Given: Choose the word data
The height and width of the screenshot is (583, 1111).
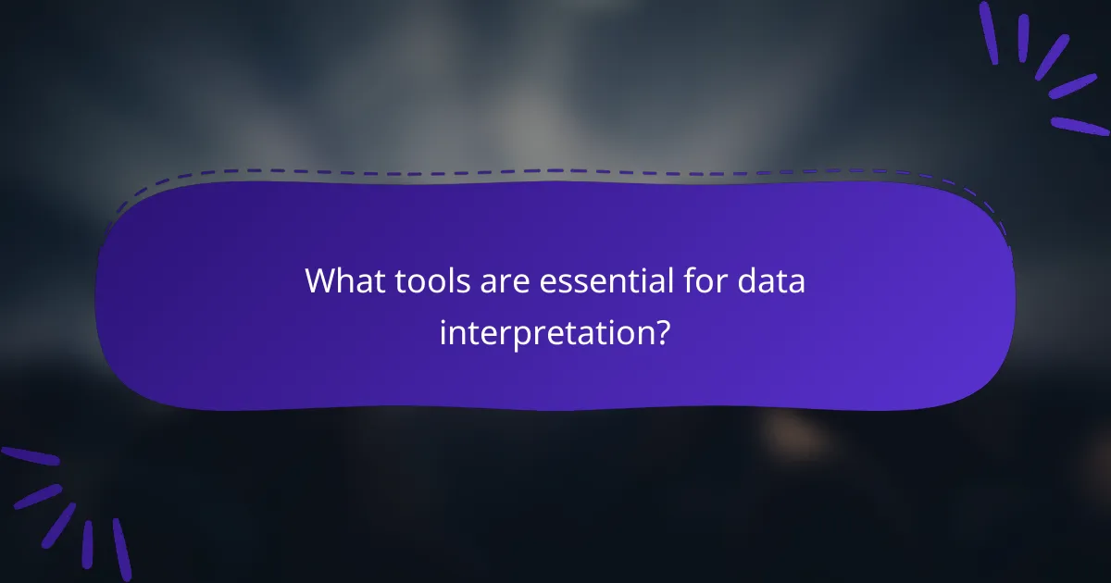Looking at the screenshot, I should pyautogui.click(x=770, y=279).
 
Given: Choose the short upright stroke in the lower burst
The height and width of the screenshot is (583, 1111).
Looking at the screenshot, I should pyautogui.click(x=89, y=543).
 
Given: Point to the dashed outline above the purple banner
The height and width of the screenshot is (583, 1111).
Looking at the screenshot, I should pyautogui.click(x=555, y=171).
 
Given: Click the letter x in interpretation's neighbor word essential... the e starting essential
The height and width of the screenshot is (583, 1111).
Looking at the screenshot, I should pyautogui.click(x=547, y=280).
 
